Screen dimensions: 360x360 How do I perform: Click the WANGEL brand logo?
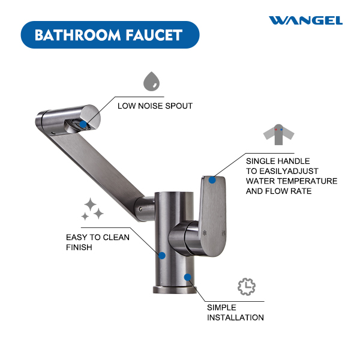[x=305, y=20]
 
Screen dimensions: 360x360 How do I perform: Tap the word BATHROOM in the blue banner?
[x=77, y=35]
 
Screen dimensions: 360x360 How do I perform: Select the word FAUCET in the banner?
[x=154, y=35]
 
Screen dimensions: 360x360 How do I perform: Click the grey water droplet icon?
[x=152, y=81]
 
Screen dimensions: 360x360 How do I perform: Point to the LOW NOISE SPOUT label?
[x=155, y=106]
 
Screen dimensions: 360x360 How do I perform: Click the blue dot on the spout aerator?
[x=83, y=124]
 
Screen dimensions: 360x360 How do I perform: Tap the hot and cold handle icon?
[x=278, y=134]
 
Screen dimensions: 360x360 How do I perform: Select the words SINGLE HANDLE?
[x=278, y=161]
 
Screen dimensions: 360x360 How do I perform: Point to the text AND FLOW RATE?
[x=279, y=191]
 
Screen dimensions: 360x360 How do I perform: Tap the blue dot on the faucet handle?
[x=212, y=180]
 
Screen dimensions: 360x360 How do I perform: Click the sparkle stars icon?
[x=92, y=209]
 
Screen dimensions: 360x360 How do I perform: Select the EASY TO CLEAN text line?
[x=98, y=237]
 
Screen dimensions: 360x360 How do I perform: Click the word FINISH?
[x=79, y=247]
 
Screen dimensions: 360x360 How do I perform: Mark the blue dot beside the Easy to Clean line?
[x=162, y=256]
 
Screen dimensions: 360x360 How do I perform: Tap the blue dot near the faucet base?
[x=188, y=277]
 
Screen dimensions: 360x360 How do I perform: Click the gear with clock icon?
[x=247, y=287]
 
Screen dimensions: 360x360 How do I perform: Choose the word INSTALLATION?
[x=235, y=317]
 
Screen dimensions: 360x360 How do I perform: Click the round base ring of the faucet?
[x=175, y=290]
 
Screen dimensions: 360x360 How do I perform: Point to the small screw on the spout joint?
[x=140, y=209]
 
